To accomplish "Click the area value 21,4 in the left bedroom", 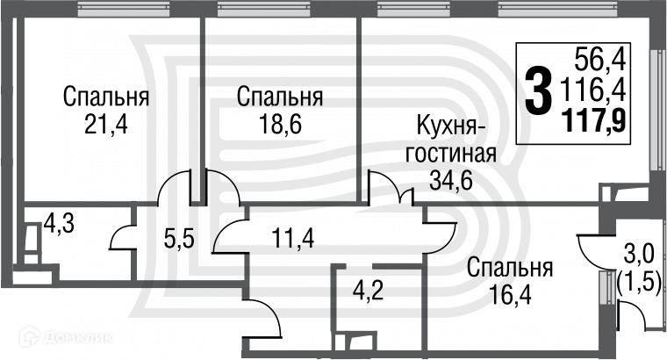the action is click(x=105, y=124).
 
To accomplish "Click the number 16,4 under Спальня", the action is click(x=509, y=293).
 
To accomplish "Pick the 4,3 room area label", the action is click(x=59, y=225).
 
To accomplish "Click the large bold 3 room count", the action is click(x=538, y=92).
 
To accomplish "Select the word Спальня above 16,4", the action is click(x=509, y=267).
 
